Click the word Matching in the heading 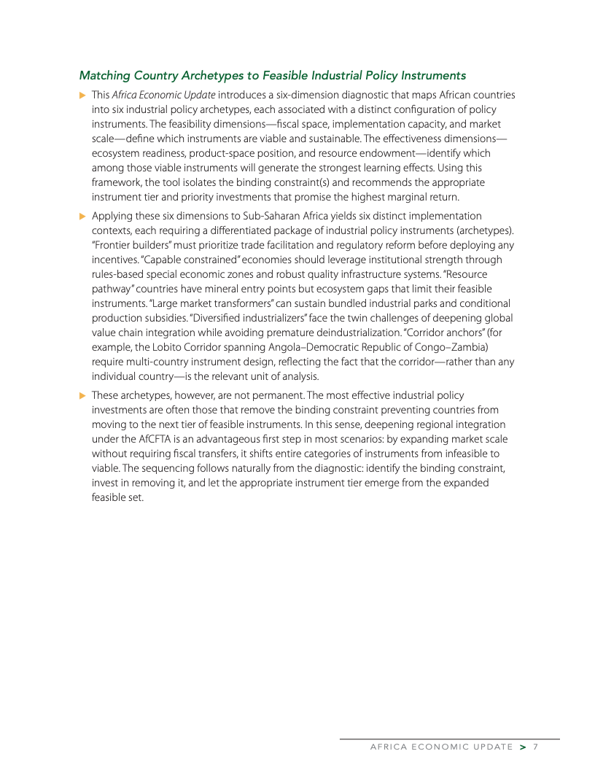tap(104, 75)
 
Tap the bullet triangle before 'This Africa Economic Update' tap(82, 95)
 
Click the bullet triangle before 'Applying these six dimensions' tap(82, 216)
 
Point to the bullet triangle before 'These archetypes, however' tap(82, 395)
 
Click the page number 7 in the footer tap(535, 747)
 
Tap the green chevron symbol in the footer tap(522, 747)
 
